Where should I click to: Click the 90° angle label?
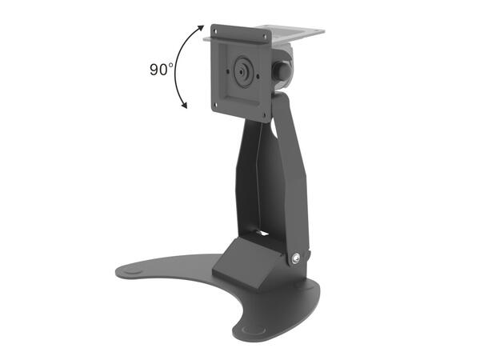click(x=161, y=69)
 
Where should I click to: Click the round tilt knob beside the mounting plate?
click(x=282, y=70)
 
